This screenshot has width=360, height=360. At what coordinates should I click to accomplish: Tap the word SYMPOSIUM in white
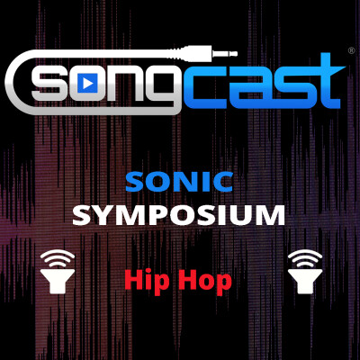pyautogui.click(x=179, y=215)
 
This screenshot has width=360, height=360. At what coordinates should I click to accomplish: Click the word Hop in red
pyautogui.click(x=206, y=281)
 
